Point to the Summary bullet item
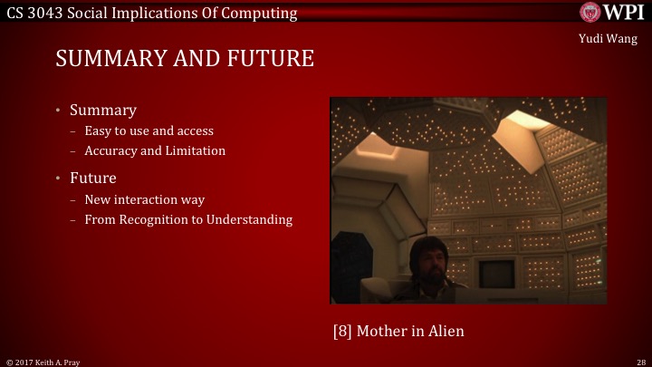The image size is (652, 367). coord(102,111)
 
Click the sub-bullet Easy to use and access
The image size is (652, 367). coord(149,131)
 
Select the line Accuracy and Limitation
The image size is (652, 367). coord(155,150)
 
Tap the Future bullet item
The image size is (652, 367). coord(93,178)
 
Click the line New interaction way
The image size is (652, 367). coord(144,199)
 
